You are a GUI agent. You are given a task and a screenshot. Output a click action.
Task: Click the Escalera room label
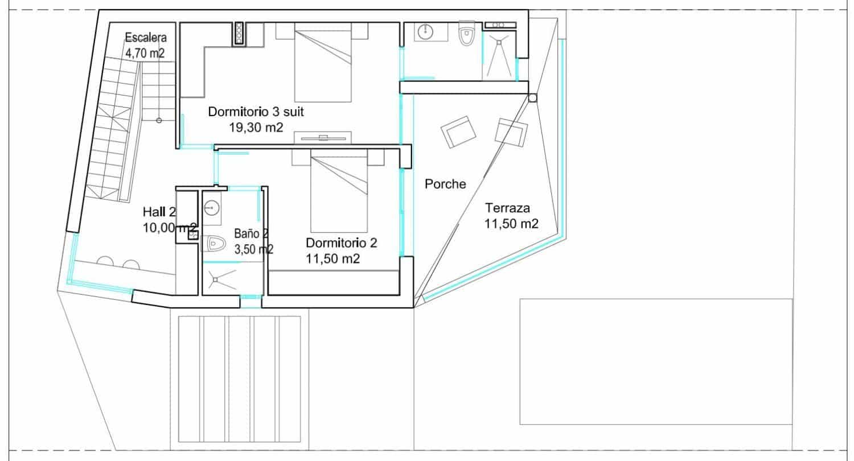pos(146,39)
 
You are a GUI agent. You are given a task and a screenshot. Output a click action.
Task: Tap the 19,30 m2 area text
pos(256,127)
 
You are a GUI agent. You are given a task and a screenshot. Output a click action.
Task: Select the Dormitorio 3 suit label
pos(256,112)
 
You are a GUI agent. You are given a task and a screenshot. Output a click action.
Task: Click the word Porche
pos(445,184)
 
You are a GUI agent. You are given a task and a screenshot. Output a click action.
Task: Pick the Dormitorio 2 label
pos(341,243)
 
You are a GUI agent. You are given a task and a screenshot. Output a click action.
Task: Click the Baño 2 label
pos(251,234)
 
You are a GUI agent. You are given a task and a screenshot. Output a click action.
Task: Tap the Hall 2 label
pos(159,212)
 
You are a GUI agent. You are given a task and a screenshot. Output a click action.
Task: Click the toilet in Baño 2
pos(213,244)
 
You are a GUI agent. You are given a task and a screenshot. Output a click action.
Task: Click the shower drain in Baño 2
pos(216,279)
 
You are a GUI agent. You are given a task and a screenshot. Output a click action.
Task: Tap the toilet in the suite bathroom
pos(466,34)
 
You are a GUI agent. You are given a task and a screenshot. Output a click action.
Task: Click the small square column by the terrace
pos(532,98)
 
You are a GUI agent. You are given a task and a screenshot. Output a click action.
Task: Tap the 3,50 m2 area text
pos(254,249)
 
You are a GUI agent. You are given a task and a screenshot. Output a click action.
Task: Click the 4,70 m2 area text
pos(146,53)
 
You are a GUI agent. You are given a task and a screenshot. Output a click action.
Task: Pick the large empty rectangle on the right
pos(656,361)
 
